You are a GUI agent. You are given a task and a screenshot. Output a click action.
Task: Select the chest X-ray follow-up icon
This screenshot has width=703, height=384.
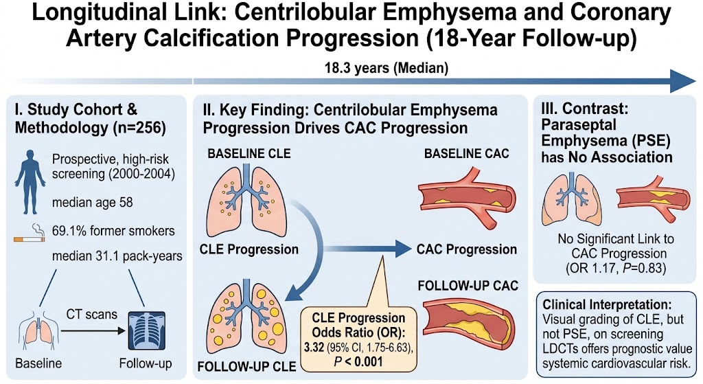click(147, 330)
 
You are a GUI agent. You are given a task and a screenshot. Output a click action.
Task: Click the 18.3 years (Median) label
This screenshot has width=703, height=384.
click(386, 68)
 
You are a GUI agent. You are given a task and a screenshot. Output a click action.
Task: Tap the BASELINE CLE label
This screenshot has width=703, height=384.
click(249, 153)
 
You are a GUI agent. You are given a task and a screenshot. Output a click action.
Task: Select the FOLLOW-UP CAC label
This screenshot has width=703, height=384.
click(468, 286)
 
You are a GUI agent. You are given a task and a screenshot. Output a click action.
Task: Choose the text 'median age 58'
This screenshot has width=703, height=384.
click(93, 203)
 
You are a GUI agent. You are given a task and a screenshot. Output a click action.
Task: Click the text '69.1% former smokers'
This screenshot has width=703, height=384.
click(113, 231)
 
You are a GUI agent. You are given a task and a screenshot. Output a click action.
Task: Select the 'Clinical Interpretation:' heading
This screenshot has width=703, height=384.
click(607, 304)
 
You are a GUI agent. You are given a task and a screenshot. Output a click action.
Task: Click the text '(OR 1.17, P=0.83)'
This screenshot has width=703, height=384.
click(616, 268)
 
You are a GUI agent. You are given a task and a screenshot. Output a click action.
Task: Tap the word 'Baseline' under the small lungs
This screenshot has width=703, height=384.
click(38, 363)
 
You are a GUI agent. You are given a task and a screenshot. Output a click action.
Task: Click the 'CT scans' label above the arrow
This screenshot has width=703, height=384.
click(92, 314)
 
